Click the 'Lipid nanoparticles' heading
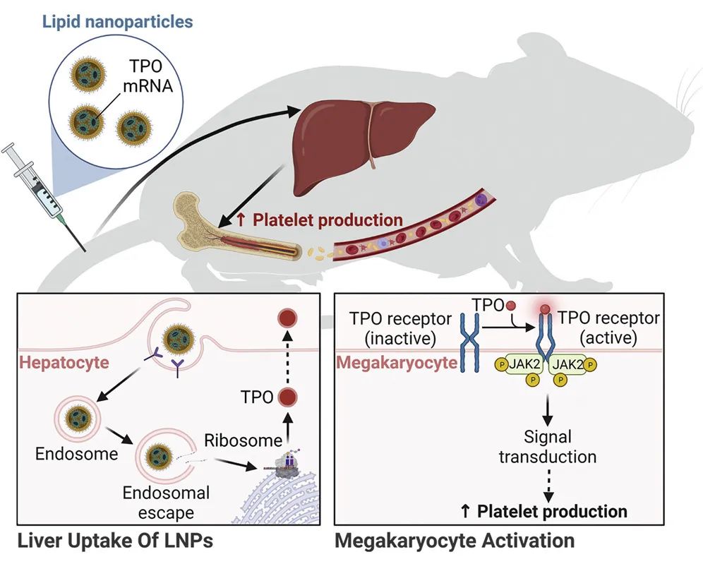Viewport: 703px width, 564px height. pos(117,21)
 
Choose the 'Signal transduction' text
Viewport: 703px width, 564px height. pos(547,446)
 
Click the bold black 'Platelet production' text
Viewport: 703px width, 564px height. pos(551,511)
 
